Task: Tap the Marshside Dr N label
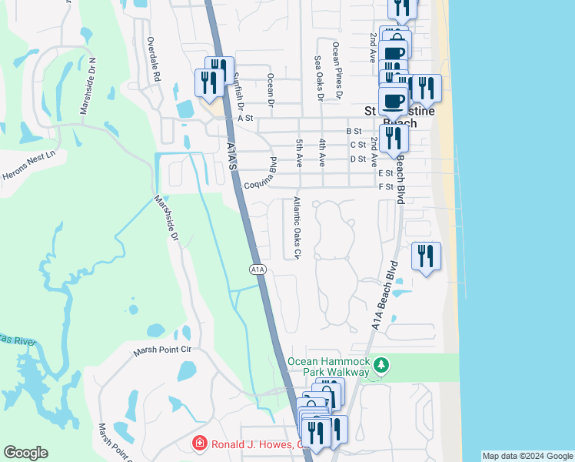[88, 85]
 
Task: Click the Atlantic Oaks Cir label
[297, 228]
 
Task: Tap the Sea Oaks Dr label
[319, 78]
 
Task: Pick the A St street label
[245, 118]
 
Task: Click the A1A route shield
[258, 269]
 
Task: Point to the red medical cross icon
[198, 444]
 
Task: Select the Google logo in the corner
[25, 453]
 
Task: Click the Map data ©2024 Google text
[527, 456]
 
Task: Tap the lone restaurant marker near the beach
[426, 256]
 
